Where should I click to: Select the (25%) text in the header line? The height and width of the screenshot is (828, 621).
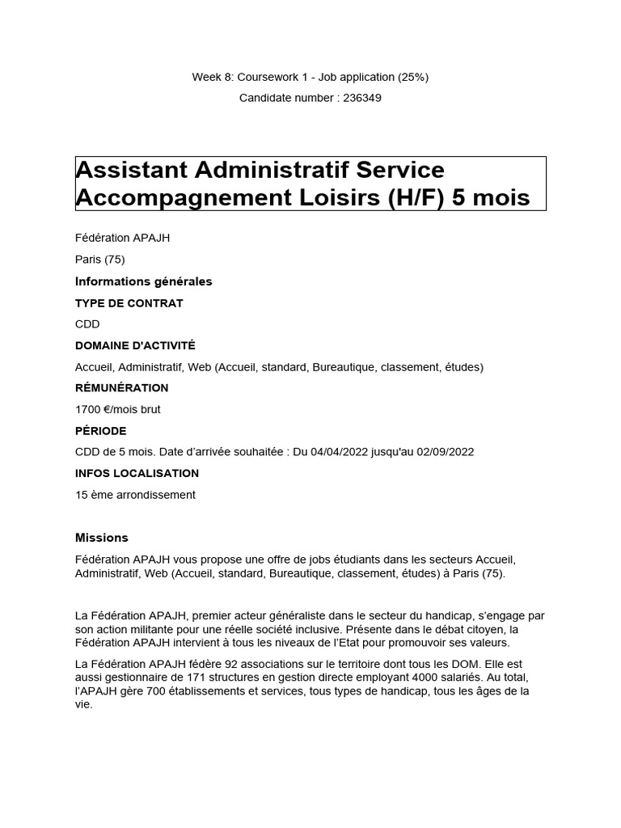412,77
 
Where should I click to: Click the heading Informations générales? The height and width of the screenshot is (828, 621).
143,281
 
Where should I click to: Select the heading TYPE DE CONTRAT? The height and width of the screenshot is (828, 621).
129,303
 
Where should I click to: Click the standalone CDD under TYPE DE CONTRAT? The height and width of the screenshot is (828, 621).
87,324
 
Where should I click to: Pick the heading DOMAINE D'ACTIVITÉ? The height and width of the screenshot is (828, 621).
135,345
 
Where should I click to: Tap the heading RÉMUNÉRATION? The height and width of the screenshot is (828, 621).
121,388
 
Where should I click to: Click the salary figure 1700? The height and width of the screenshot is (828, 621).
87,409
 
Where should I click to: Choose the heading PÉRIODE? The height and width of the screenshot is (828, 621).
100,431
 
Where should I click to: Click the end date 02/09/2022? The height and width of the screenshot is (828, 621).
446,452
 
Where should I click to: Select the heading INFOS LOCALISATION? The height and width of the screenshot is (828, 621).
137,473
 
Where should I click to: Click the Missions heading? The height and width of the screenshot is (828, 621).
101,538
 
